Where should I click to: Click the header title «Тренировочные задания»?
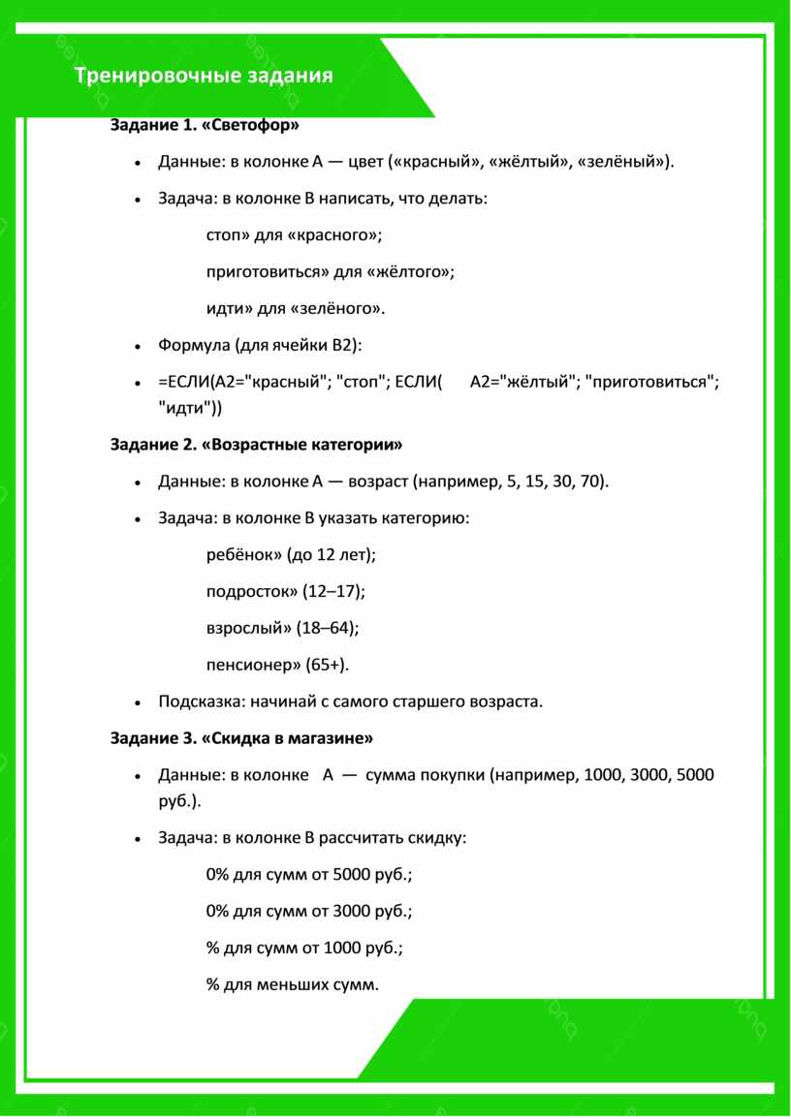click(x=204, y=76)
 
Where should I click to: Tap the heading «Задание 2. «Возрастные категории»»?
click(x=256, y=445)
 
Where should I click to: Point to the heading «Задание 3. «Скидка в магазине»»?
click(x=241, y=738)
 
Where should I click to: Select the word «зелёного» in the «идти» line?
click(x=341, y=309)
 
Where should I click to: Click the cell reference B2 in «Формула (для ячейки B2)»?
click(x=344, y=345)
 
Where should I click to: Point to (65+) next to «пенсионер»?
click(x=327, y=665)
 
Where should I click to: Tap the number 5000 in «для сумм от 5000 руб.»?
click(x=350, y=874)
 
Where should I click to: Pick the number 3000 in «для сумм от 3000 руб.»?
click(x=350, y=911)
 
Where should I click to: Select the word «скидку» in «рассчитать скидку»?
click(x=437, y=837)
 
